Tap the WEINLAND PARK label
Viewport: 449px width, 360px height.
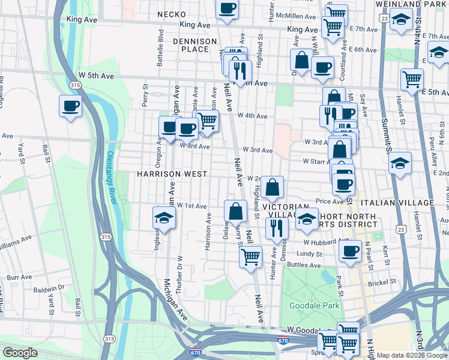point(417,4)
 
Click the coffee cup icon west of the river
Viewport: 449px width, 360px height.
point(70,106)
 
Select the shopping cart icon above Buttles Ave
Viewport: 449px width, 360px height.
point(250,257)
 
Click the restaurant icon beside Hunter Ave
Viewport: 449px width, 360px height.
point(276,227)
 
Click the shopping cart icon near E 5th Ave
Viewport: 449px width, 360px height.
point(412,79)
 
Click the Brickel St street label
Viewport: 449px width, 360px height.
point(382,281)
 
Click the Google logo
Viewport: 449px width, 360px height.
point(20,353)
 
